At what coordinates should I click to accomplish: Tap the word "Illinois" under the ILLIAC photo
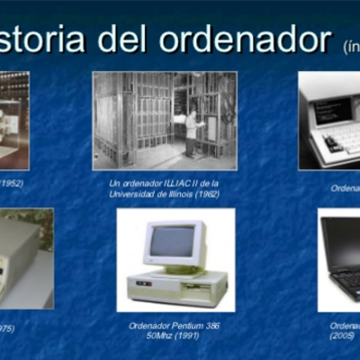tap(177, 193)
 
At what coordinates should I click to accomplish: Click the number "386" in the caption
tap(210, 325)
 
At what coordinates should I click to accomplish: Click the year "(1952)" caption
tap(12, 183)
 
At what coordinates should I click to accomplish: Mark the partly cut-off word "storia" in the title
tap(50, 39)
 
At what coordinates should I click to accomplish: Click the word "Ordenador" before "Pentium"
tap(144, 325)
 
